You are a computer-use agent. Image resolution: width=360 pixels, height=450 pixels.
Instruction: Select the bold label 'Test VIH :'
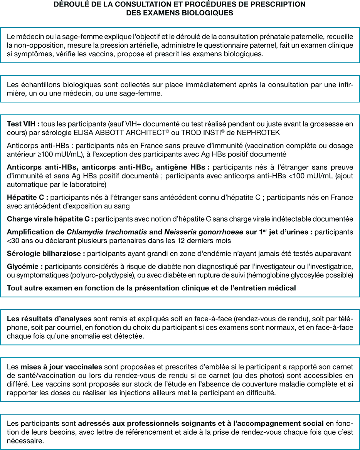tap(23, 124)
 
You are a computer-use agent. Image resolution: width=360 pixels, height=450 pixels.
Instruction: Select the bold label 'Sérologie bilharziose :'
tap(46, 254)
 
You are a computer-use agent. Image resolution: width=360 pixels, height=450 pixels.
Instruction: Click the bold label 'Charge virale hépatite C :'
tap(50, 219)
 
